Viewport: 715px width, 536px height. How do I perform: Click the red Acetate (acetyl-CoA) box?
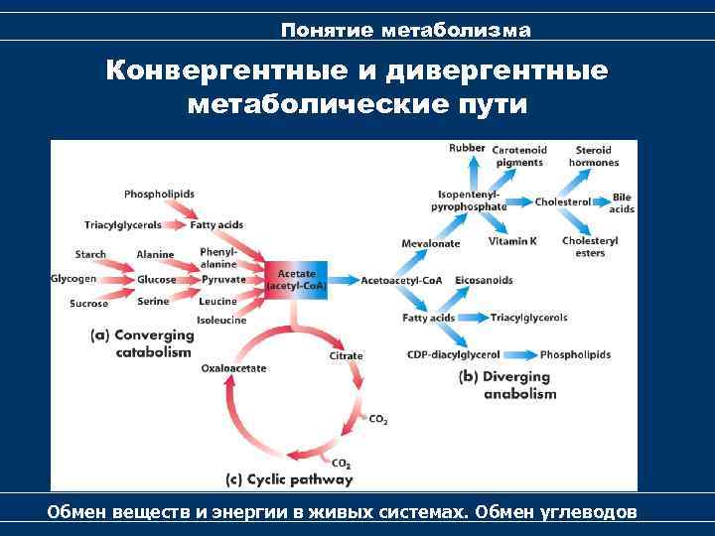[296, 280]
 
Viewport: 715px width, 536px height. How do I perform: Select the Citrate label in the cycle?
[346, 355]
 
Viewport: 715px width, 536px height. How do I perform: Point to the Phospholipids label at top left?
[159, 194]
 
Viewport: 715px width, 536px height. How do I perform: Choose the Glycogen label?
[73, 279]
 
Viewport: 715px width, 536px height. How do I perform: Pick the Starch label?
[90, 255]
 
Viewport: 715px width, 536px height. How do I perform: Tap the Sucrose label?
[89, 304]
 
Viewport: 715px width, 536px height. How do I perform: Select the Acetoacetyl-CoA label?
[402, 280]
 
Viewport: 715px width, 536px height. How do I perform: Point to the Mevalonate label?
[431, 243]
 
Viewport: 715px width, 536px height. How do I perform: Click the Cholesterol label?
[562, 202]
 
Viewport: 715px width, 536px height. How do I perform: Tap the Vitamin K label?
[512, 240]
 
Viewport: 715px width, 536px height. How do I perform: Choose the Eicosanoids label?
[484, 280]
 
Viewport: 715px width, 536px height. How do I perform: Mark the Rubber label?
[467, 149]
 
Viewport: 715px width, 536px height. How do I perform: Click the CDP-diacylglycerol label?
[454, 354]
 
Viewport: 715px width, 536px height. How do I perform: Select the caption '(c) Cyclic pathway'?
[289, 479]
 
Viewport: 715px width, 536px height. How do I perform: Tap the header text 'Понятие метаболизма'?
[405, 31]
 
